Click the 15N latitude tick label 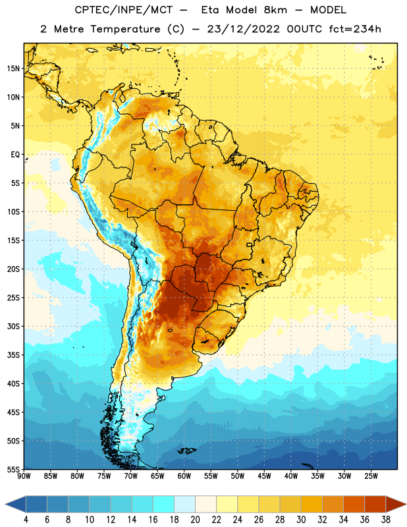pyautogui.click(x=13, y=69)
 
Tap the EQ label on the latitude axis pyautogui.click(x=15, y=155)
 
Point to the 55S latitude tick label pyautogui.click(x=13, y=469)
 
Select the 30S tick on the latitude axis pyautogui.click(x=13, y=326)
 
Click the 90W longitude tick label pyautogui.click(x=24, y=476)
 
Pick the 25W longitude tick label pyautogui.click(x=371, y=476)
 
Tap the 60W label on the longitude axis pyautogui.click(x=184, y=476)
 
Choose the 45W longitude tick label pyautogui.click(x=265, y=476)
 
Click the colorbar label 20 pyautogui.click(x=195, y=520)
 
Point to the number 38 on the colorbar pyautogui.click(x=386, y=520)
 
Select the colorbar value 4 pyautogui.click(x=26, y=520)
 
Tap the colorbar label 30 pyautogui.click(x=301, y=520)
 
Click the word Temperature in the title pyautogui.click(x=125, y=29)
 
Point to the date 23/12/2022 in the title pyautogui.click(x=243, y=29)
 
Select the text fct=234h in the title pyautogui.click(x=355, y=29)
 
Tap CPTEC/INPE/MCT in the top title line pyautogui.click(x=123, y=10)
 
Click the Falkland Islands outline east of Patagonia pyautogui.click(x=186, y=451)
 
